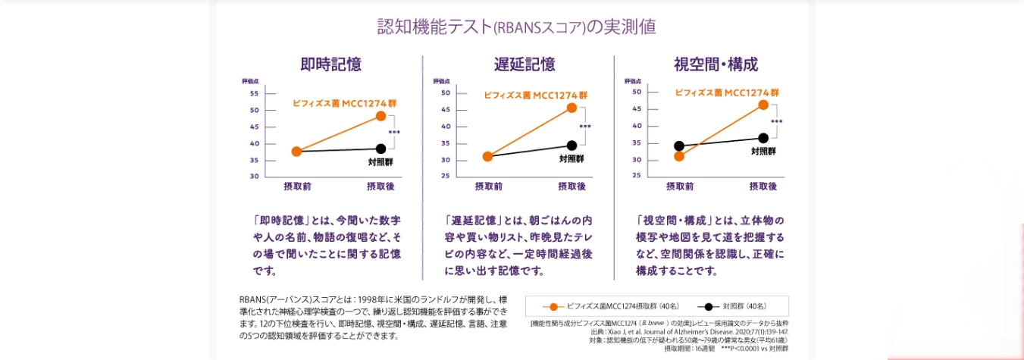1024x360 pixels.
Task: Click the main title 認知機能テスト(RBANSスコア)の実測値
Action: [x=516, y=27]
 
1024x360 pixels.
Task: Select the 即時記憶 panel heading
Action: [x=330, y=64]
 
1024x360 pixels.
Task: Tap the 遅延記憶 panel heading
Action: [x=524, y=64]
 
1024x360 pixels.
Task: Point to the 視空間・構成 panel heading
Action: [x=716, y=64]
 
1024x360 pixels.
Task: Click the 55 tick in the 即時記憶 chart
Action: [x=254, y=94]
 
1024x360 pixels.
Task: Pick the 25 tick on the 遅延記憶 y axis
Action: [x=445, y=177]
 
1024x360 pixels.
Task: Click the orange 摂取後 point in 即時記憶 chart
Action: [x=380, y=116]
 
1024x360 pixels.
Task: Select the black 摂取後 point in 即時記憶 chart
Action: [x=380, y=149]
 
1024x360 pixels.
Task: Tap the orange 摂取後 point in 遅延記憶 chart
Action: [x=571, y=108]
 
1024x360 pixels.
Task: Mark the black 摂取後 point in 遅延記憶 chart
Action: [x=571, y=145]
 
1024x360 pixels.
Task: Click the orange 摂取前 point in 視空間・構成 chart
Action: [x=679, y=156]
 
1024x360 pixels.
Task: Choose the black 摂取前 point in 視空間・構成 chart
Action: [x=679, y=146]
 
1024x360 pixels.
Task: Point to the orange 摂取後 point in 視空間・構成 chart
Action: [x=763, y=105]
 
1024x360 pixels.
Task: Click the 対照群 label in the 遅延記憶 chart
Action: [x=571, y=159]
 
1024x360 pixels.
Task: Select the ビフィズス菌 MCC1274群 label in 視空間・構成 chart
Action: [x=726, y=93]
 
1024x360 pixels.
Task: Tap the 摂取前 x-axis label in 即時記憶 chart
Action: [x=297, y=186]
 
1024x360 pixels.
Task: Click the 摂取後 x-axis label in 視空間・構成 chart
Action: [x=763, y=186]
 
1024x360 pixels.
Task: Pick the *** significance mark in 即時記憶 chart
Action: [x=394, y=133]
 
